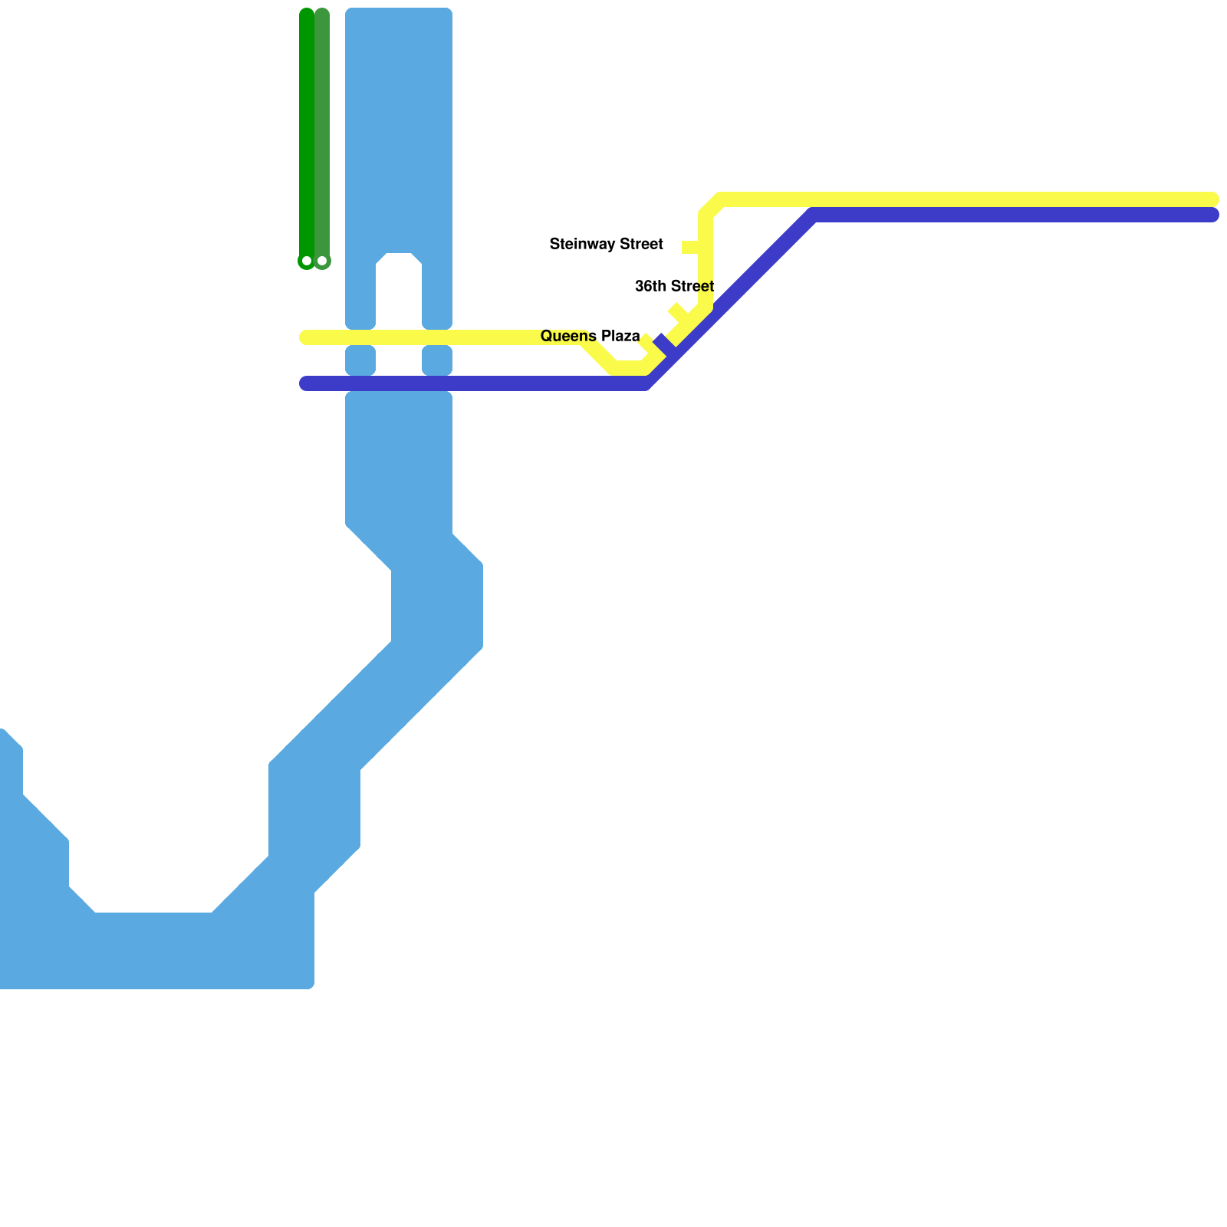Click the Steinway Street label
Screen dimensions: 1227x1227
click(x=606, y=245)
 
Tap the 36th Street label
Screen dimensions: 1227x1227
click(x=674, y=287)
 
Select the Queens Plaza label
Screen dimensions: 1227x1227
click(x=590, y=337)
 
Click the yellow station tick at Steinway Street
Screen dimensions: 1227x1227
click(x=691, y=247)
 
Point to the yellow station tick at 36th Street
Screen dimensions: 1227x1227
click(x=679, y=312)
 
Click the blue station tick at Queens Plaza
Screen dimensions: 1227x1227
click(x=664, y=345)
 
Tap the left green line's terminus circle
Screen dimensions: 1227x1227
click(x=307, y=262)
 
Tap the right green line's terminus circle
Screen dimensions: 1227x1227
click(x=322, y=262)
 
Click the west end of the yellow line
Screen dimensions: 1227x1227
click(x=305, y=337)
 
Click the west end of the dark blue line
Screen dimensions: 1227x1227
click(x=305, y=383)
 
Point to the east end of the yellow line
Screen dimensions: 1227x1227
click(x=1212, y=199)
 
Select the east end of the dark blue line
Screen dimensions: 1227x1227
click(x=1212, y=215)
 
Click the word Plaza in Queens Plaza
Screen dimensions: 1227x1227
click(x=620, y=337)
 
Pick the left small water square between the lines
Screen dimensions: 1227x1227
click(x=360, y=360)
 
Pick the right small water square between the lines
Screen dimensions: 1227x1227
click(x=437, y=360)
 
